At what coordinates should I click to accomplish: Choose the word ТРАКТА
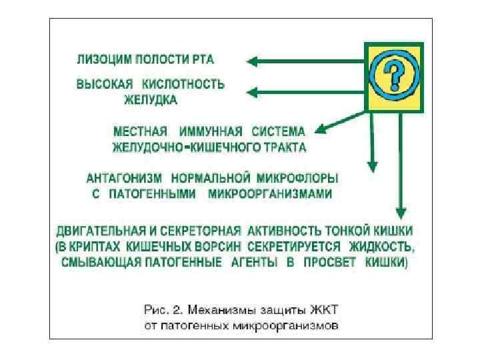click(x=279, y=146)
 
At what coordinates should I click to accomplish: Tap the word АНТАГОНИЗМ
click(x=125, y=179)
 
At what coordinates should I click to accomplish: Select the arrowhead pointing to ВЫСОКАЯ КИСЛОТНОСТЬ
click(x=252, y=91)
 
